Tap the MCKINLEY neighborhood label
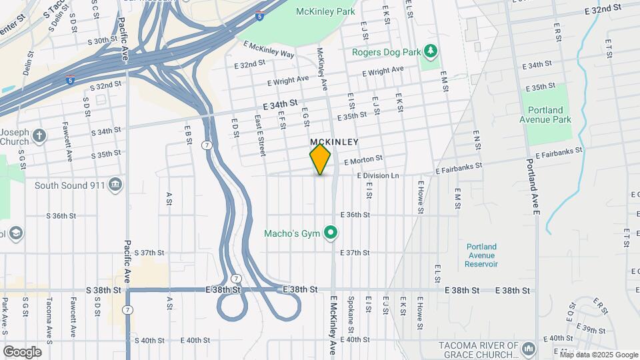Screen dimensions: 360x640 point(334,142)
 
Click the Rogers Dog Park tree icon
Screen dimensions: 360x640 point(431,51)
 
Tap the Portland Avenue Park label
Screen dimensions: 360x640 point(545,115)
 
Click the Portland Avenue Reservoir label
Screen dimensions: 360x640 point(481,255)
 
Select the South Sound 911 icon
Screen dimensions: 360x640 point(115,184)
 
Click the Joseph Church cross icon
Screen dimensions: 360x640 point(40,136)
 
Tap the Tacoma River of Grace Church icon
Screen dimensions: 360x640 point(529,349)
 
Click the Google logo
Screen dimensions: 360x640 point(22,352)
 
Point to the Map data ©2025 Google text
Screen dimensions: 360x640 point(599,354)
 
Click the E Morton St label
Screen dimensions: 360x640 point(363,159)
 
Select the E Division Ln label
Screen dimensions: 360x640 point(377,175)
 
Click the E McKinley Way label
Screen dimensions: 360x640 point(269,49)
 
